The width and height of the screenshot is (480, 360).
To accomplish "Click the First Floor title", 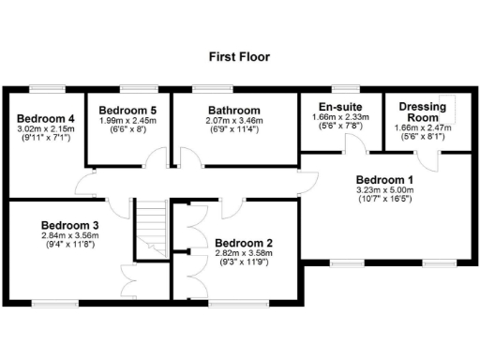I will (239, 56).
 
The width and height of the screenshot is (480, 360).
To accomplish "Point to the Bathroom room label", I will (233, 110).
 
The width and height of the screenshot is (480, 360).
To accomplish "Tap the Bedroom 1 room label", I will (383, 179).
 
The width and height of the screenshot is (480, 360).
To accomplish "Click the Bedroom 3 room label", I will (70, 225).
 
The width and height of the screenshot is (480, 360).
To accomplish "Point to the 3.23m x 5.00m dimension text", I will (383, 189).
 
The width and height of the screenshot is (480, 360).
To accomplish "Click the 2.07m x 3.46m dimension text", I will (233, 120).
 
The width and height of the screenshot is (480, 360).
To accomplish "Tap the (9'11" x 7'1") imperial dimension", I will (44, 138).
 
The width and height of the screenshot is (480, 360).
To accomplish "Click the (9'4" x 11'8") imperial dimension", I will (70, 246).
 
